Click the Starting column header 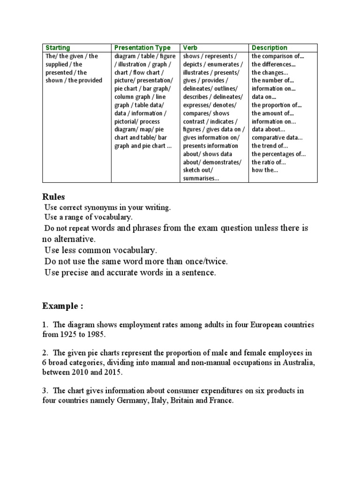pos(58,48)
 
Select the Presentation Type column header pos(140,48)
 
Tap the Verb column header pos(191,48)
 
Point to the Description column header pos(270,48)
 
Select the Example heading pos(62,306)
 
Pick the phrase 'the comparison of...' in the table pos(277,56)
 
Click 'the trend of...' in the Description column pos(270,146)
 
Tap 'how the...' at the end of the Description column pos(264,170)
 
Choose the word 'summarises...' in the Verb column pos(202,178)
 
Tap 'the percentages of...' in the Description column pos(278,154)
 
